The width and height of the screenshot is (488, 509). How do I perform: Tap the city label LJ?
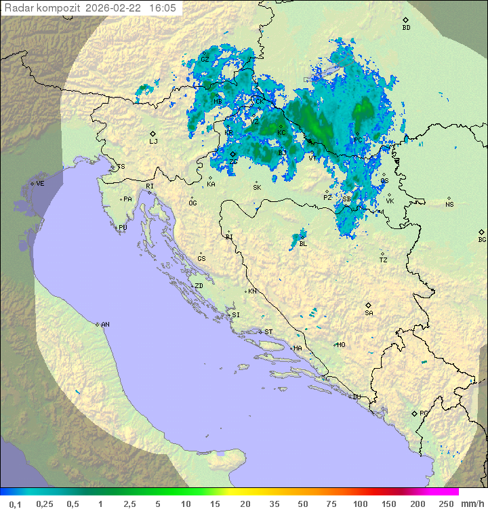coord(153,142)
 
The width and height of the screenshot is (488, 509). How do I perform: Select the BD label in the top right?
coord(406,28)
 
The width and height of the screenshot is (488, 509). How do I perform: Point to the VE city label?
coord(40,184)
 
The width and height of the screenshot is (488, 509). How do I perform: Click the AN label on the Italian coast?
coord(105,325)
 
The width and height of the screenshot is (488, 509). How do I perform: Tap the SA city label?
coord(369,313)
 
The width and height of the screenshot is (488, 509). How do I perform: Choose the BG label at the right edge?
coord(482,239)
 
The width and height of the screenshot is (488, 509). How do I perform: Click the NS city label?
coord(449,205)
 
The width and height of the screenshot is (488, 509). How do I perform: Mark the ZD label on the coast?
coord(199,286)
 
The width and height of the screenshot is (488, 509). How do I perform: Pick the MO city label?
coord(341,345)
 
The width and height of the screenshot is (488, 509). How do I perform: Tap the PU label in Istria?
coord(123,228)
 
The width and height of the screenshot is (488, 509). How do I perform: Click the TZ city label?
coord(384,260)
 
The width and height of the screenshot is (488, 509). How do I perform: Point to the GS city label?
coord(201,259)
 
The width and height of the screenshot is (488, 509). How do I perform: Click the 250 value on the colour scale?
coord(446,504)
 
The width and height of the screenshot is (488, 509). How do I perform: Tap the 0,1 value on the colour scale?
coord(14,504)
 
